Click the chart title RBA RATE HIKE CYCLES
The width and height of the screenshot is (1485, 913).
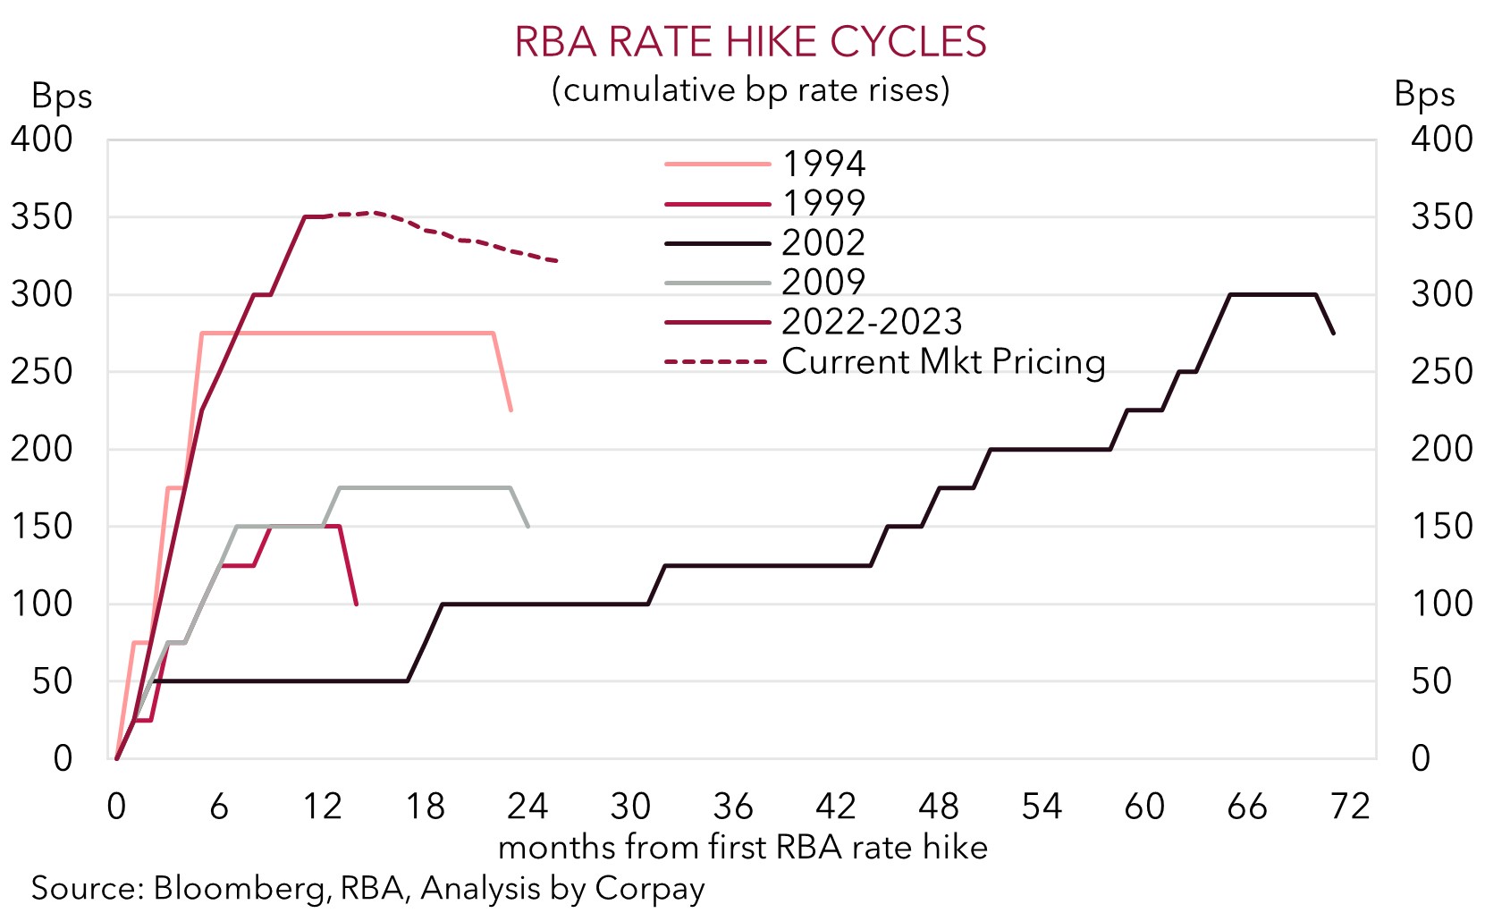[750, 42]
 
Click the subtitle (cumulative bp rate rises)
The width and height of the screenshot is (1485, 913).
[750, 89]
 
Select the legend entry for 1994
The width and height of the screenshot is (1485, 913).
[823, 164]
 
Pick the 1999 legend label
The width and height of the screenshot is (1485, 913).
[823, 203]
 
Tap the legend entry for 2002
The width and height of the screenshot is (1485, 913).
[823, 242]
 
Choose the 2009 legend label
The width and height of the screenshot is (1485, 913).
[823, 282]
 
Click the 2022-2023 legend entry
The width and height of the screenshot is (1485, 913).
[872, 321]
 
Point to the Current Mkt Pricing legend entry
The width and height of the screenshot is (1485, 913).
[943, 361]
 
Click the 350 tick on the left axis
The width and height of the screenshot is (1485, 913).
[41, 216]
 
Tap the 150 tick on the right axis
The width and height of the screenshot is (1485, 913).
[1441, 526]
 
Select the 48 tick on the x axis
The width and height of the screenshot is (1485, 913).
[939, 807]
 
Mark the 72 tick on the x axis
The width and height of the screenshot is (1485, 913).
[1350, 807]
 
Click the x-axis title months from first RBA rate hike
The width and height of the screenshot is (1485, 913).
[742, 847]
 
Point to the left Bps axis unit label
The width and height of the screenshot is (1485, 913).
[62, 96]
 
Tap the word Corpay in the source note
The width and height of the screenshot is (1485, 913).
[650, 889]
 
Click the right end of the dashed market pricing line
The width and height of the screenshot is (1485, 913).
[557, 261]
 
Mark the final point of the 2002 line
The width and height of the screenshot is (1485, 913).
[1334, 334]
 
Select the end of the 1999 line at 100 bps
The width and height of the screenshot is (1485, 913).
[357, 604]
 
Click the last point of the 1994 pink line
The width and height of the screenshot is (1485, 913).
[510, 410]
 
